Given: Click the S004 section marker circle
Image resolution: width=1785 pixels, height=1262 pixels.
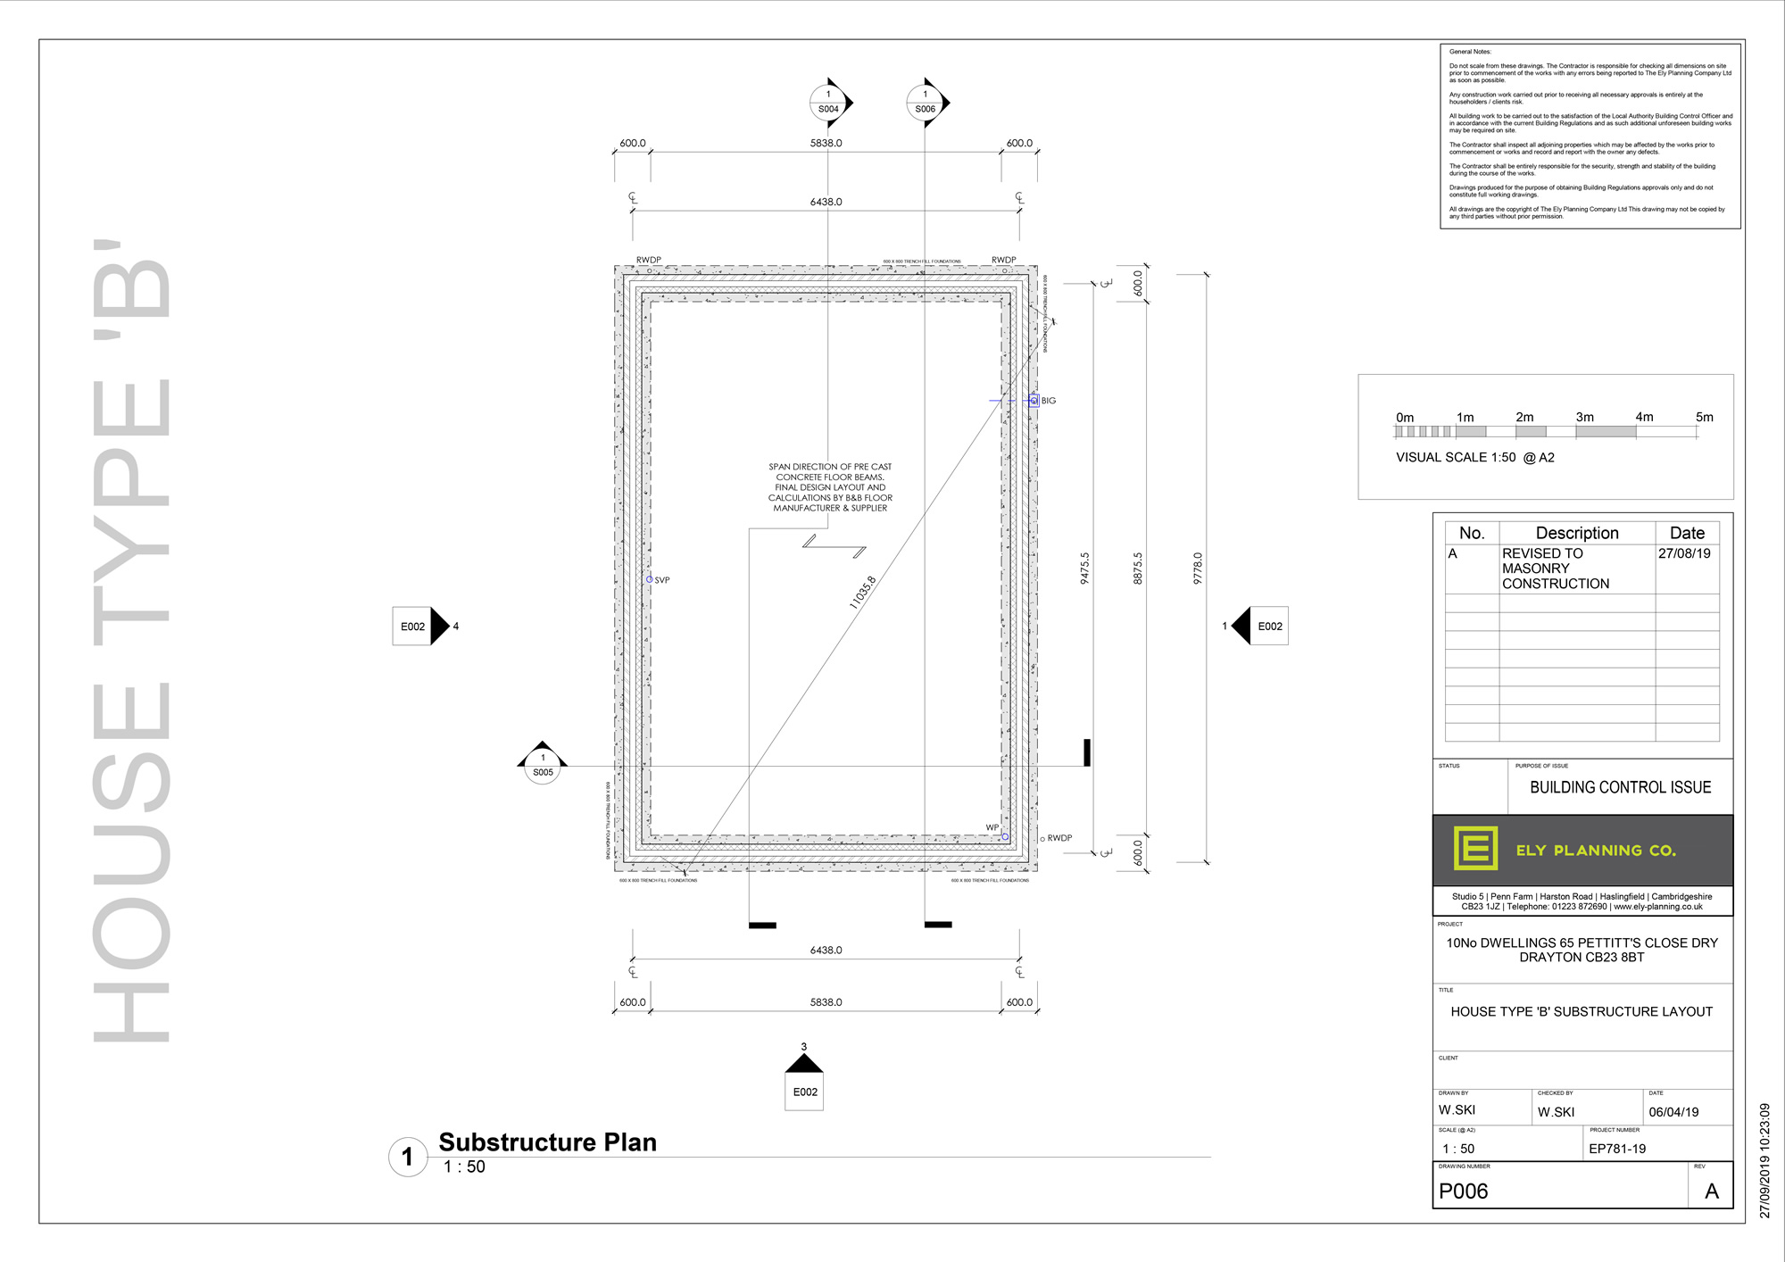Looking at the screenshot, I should pos(828,103).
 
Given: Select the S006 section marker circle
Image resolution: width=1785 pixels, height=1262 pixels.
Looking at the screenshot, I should pos(925,103).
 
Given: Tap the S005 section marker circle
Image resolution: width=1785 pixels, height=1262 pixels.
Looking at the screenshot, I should pos(543,766).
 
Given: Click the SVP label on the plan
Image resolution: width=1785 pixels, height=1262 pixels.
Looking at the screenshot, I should pos(662,580).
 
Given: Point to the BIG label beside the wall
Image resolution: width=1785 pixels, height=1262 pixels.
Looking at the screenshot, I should pos(1049,401).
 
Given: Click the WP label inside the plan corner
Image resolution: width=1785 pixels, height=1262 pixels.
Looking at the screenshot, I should pos(992,827).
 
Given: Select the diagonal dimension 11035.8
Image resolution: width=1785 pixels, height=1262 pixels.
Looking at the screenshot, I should pos(862,593).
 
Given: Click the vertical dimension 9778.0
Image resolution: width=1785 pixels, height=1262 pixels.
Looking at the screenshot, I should pos(1198,568).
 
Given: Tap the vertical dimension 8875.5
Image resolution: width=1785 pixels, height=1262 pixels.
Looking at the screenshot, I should pos(1138,568).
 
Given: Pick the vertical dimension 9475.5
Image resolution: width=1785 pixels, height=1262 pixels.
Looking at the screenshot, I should pos(1084,568).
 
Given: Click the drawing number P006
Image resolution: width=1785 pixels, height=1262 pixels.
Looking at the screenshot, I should pos(1464,1191).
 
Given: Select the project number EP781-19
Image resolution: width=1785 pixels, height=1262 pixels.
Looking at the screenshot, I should pos(1617,1149).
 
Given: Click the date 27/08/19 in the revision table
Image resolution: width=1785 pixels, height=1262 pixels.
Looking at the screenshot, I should pos(1684,553).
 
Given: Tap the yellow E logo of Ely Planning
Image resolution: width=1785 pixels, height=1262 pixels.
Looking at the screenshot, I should pos(1475,848).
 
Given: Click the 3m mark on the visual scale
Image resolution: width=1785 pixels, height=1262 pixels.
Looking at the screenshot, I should pos(1584,417).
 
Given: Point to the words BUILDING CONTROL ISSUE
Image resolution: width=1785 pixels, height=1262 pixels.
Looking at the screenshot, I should pos(1620,787).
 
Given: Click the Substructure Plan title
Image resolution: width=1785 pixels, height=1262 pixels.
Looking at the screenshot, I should pos(547,1142).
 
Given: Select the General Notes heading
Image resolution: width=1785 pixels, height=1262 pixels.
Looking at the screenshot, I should pos(1470,52).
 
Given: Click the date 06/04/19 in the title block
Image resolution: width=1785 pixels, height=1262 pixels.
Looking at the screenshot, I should pos(1673,1112).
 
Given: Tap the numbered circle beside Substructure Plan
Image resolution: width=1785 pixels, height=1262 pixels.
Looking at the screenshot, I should pos(408,1157).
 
